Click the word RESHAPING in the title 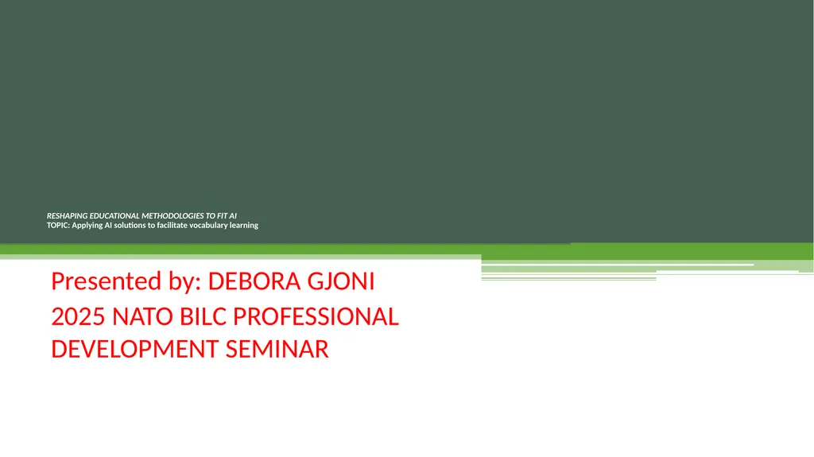pos(67,216)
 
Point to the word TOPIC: pos(58,226)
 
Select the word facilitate pos(172,226)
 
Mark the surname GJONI pos(341,281)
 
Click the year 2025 pos(79,317)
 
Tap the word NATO pos(143,317)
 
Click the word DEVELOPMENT pos(135,349)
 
